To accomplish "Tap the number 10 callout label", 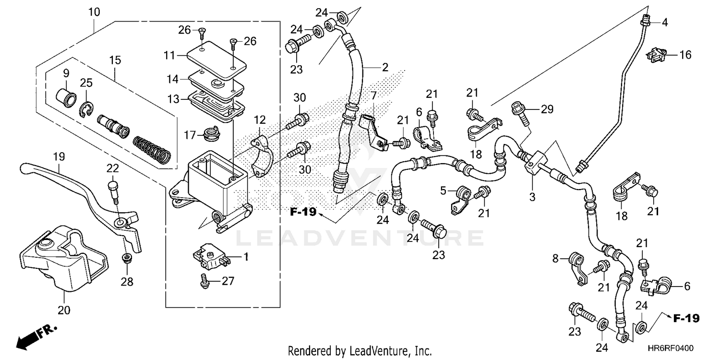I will coord(94,12).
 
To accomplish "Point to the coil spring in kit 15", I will coord(151,149).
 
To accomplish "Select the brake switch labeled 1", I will coord(210,257).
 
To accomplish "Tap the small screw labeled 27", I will coord(204,281).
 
